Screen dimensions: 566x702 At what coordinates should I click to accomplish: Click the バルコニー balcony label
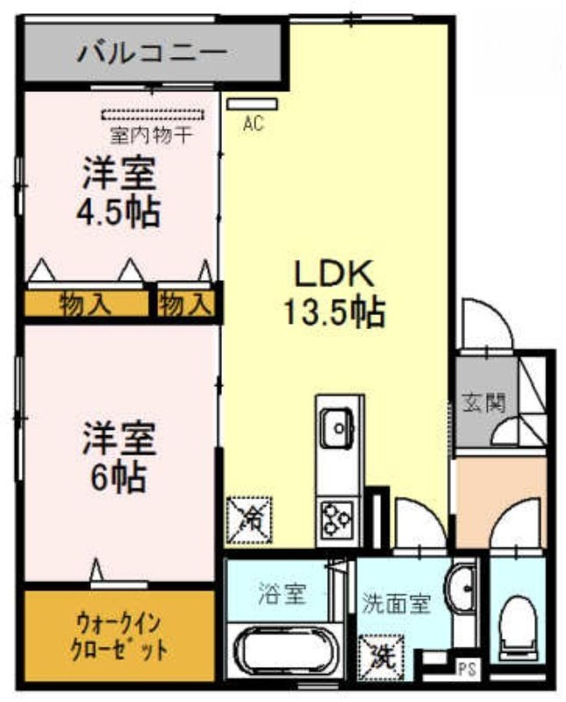pyautogui.click(x=152, y=54)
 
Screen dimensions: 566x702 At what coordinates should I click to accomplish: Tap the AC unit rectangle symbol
pyautogui.click(x=252, y=104)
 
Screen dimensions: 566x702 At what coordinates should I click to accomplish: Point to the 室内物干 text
pyautogui.click(x=151, y=135)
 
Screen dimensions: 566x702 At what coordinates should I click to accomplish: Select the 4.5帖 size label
pyautogui.click(x=118, y=212)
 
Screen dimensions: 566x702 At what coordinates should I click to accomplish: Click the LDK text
pyautogui.click(x=333, y=274)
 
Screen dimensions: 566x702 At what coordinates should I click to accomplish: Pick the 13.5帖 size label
pyautogui.click(x=334, y=312)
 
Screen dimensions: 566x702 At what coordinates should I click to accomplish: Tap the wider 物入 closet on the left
pyautogui.click(x=86, y=304)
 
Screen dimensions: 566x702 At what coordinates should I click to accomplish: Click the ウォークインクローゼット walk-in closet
pyautogui.click(x=119, y=637)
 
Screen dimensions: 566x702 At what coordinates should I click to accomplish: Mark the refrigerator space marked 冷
pyautogui.click(x=249, y=519)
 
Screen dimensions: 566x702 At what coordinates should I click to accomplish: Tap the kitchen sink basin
pyautogui.click(x=338, y=428)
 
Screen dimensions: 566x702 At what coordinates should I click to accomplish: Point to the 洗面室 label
pyautogui.click(x=397, y=604)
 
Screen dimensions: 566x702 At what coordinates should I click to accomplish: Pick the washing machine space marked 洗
pyautogui.click(x=381, y=657)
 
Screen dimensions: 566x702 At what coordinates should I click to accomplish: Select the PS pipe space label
pyautogui.click(x=466, y=670)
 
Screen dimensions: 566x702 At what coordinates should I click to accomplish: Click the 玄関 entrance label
pyautogui.click(x=484, y=403)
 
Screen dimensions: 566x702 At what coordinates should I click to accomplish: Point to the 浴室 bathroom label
pyautogui.click(x=282, y=594)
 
